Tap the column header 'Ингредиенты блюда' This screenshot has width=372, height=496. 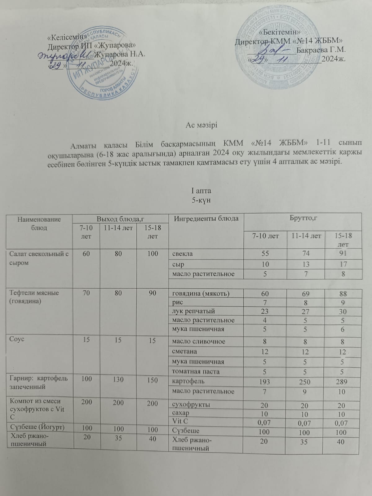click(206, 219)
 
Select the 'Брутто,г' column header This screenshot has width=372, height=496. click(302, 219)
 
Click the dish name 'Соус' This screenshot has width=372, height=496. click(17, 339)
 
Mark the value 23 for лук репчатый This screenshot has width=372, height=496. click(265, 311)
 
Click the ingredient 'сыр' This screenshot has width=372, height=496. click(178, 264)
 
